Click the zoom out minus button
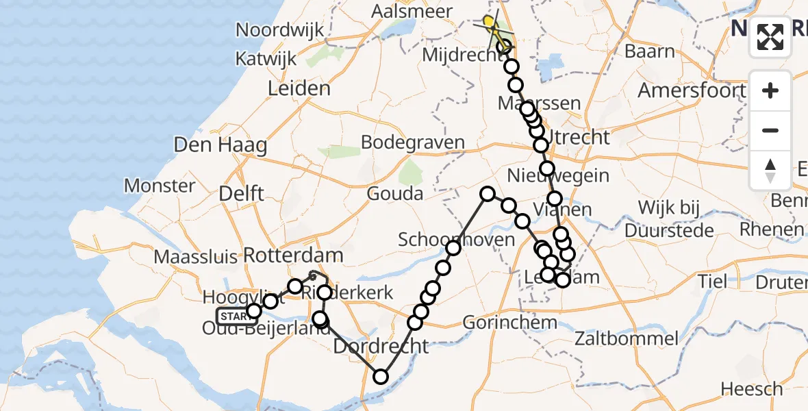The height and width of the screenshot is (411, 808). (x=770, y=130)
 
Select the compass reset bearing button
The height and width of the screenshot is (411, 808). (x=770, y=171)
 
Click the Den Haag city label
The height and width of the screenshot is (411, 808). (x=220, y=145)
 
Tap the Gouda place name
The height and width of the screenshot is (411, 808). (x=395, y=194)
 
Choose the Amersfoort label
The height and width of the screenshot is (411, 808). (x=692, y=90)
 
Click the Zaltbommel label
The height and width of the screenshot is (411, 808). (x=627, y=338)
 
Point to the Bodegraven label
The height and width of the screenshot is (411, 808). (x=412, y=143)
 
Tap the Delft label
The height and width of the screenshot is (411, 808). (x=241, y=194)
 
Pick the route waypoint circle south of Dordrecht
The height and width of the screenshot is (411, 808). (x=381, y=376)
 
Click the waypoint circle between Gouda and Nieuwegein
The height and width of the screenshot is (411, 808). (x=487, y=194)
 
